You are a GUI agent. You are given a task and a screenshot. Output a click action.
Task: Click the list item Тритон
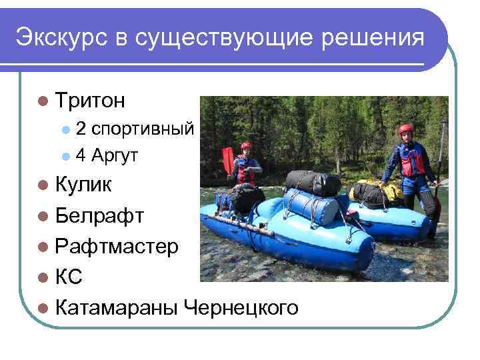(x=91, y=101)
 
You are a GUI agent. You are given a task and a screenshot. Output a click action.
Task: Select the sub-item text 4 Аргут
(x=107, y=156)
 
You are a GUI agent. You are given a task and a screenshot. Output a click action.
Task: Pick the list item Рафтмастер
(x=117, y=247)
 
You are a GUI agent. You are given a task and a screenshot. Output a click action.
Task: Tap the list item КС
(x=69, y=277)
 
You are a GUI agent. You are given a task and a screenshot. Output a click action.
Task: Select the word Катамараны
(x=117, y=308)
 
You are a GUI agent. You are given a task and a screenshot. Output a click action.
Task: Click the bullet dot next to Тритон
(x=43, y=101)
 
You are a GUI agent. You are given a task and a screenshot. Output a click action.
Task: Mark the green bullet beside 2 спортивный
(x=65, y=128)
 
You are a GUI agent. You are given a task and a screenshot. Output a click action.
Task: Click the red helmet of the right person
(x=405, y=129)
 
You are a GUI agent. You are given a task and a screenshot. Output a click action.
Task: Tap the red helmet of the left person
(x=246, y=146)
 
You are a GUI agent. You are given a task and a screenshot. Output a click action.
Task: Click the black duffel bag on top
(x=313, y=182)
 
